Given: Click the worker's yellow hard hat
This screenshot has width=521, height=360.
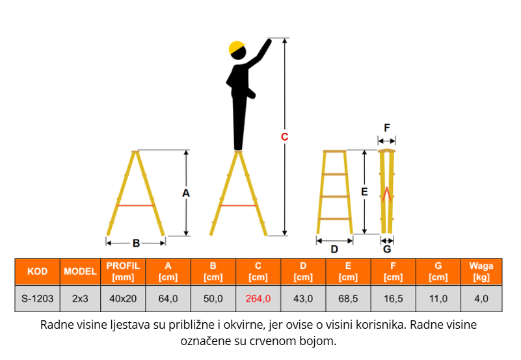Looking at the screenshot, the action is [x=237, y=48].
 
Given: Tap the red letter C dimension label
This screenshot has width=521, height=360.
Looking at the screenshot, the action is [x=284, y=137].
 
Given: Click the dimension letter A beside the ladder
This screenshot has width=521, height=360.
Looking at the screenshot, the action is [x=186, y=193].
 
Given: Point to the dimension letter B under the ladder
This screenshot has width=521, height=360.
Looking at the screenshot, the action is [x=136, y=243].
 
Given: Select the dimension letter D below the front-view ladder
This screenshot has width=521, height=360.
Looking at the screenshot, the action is [x=334, y=249].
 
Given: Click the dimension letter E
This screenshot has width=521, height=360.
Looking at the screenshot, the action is [x=364, y=192].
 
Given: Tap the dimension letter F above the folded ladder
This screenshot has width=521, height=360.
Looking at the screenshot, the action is [x=387, y=128].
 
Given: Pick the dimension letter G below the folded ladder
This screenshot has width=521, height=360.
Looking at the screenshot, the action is [x=387, y=249].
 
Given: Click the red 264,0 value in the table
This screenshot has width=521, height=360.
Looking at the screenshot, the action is [x=258, y=299].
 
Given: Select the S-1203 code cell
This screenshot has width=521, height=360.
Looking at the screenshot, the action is [x=37, y=299].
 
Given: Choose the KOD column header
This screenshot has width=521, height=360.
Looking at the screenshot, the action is [x=37, y=271].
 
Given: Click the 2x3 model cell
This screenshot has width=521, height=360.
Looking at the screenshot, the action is [x=80, y=299].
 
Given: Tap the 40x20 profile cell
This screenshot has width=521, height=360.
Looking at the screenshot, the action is [x=123, y=299].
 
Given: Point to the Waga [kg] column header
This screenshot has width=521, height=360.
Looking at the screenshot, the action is [x=481, y=271].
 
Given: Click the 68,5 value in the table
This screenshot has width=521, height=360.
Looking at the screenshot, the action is [x=348, y=299].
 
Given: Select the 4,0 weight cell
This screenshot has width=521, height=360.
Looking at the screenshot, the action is [x=481, y=299].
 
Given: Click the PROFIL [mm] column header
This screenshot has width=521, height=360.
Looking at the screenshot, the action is [x=123, y=271].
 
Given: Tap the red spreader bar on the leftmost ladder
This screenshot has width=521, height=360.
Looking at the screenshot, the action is [x=136, y=206].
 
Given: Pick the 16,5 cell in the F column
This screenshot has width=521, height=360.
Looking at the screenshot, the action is [x=393, y=299].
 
